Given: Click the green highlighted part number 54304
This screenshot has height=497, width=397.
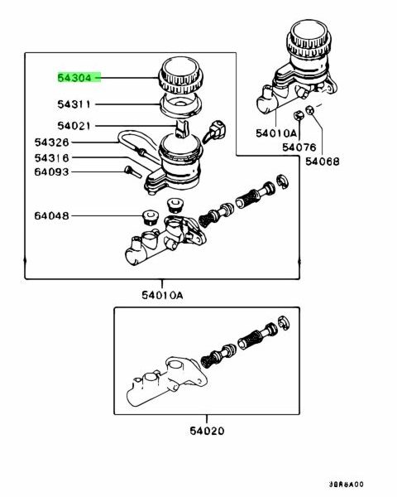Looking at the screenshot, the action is [74, 77].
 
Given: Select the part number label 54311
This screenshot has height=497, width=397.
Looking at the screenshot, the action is [74, 104].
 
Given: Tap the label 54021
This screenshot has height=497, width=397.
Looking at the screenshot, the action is [74, 126].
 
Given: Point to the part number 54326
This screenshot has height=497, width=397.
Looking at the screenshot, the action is [51, 142].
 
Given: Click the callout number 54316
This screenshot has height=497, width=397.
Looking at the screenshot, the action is [51, 157].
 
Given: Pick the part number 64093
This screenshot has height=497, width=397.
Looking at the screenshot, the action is [51, 171].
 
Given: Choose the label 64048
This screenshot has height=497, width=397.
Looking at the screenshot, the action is [51, 216].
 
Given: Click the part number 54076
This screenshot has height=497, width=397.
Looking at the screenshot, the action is [299, 147].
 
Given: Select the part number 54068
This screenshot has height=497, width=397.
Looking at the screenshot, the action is [323, 162].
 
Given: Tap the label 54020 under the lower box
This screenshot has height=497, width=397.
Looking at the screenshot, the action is [207, 431].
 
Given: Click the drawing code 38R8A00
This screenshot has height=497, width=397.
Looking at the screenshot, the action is [346, 485].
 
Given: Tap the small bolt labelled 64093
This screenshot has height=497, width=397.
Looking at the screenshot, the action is [133, 171].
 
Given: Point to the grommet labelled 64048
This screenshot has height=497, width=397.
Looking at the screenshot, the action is [150, 218].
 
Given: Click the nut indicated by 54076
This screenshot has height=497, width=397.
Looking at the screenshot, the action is [298, 116].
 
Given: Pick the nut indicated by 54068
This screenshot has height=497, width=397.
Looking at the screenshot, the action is [310, 110].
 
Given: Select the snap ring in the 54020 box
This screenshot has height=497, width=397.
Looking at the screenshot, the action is [284, 323].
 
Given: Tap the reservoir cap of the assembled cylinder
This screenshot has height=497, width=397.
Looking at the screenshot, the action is [309, 39].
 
